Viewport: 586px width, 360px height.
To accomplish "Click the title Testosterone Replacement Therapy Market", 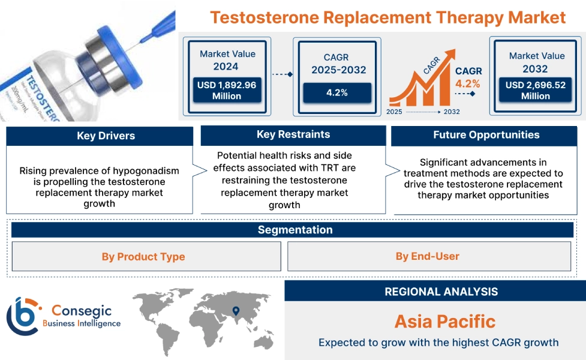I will [388, 17].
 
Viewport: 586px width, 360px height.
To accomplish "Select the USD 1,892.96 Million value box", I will [226, 91].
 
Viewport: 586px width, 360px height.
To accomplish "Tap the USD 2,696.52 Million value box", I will [536, 91].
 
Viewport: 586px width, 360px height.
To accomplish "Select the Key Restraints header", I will [293, 134].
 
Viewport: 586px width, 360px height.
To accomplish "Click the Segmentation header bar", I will [294, 230].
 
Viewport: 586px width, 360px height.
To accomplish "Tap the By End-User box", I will [428, 257].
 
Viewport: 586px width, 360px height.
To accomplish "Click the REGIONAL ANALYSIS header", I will [441, 292].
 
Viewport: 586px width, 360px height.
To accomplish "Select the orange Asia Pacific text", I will [444, 321].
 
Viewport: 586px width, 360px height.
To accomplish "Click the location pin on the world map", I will [236, 311].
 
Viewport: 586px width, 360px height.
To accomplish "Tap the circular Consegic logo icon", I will [22, 316].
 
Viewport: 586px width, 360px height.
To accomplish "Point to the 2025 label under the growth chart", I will [394, 112].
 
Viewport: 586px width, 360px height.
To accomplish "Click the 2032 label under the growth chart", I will [452, 112].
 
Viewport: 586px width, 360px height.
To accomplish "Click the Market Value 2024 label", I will [227, 60].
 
